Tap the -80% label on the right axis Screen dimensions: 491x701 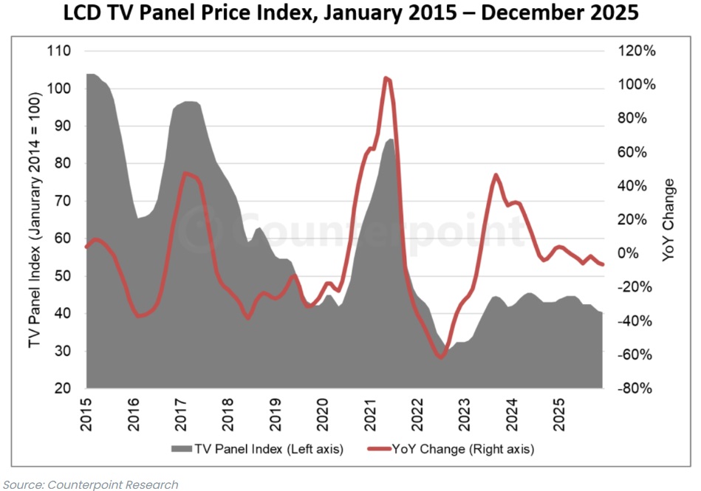click(x=634, y=388)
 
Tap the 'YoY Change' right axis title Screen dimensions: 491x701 click(x=668, y=220)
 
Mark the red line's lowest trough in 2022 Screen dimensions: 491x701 click(x=441, y=357)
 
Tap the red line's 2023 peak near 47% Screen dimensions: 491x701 click(x=496, y=175)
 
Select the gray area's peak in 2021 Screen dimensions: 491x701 click(x=389, y=139)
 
